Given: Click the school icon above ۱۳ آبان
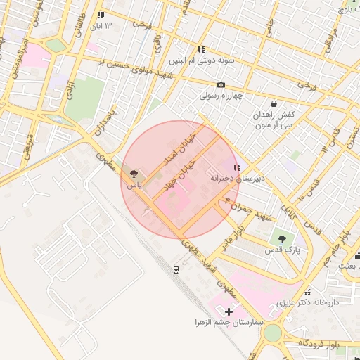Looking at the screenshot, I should point(101,15).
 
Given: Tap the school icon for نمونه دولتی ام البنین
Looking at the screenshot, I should point(201,49).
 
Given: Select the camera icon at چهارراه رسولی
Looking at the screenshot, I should point(221,85).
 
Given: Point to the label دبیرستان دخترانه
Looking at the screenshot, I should point(238,179).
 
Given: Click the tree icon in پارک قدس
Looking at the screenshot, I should point(282,239).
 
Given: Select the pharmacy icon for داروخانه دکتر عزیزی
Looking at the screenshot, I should point(307,292).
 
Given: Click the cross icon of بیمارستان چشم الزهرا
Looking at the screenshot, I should point(229,311).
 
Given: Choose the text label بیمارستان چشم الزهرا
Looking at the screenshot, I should point(229,321).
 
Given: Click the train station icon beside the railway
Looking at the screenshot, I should point(176,269).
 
